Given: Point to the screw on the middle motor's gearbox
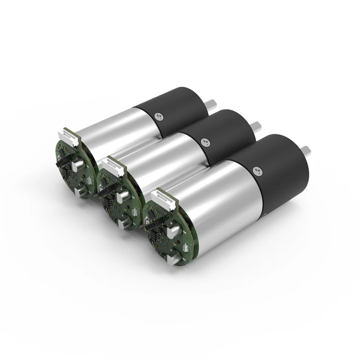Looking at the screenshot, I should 205,142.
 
